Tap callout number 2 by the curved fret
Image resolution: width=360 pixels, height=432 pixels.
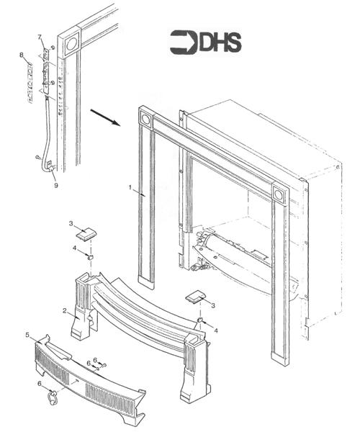point(65,311)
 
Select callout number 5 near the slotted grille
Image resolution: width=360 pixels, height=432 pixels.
point(27,335)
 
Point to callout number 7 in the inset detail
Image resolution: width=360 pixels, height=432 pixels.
point(40,37)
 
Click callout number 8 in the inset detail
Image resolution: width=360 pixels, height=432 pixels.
point(22,55)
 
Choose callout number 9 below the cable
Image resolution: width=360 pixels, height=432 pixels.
point(55,184)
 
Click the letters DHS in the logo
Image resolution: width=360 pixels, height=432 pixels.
point(220,43)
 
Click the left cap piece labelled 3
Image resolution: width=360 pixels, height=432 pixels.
point(88,233)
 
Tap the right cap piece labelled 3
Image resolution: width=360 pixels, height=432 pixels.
point(196,295)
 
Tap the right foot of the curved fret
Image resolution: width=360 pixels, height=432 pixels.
point(194,374)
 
